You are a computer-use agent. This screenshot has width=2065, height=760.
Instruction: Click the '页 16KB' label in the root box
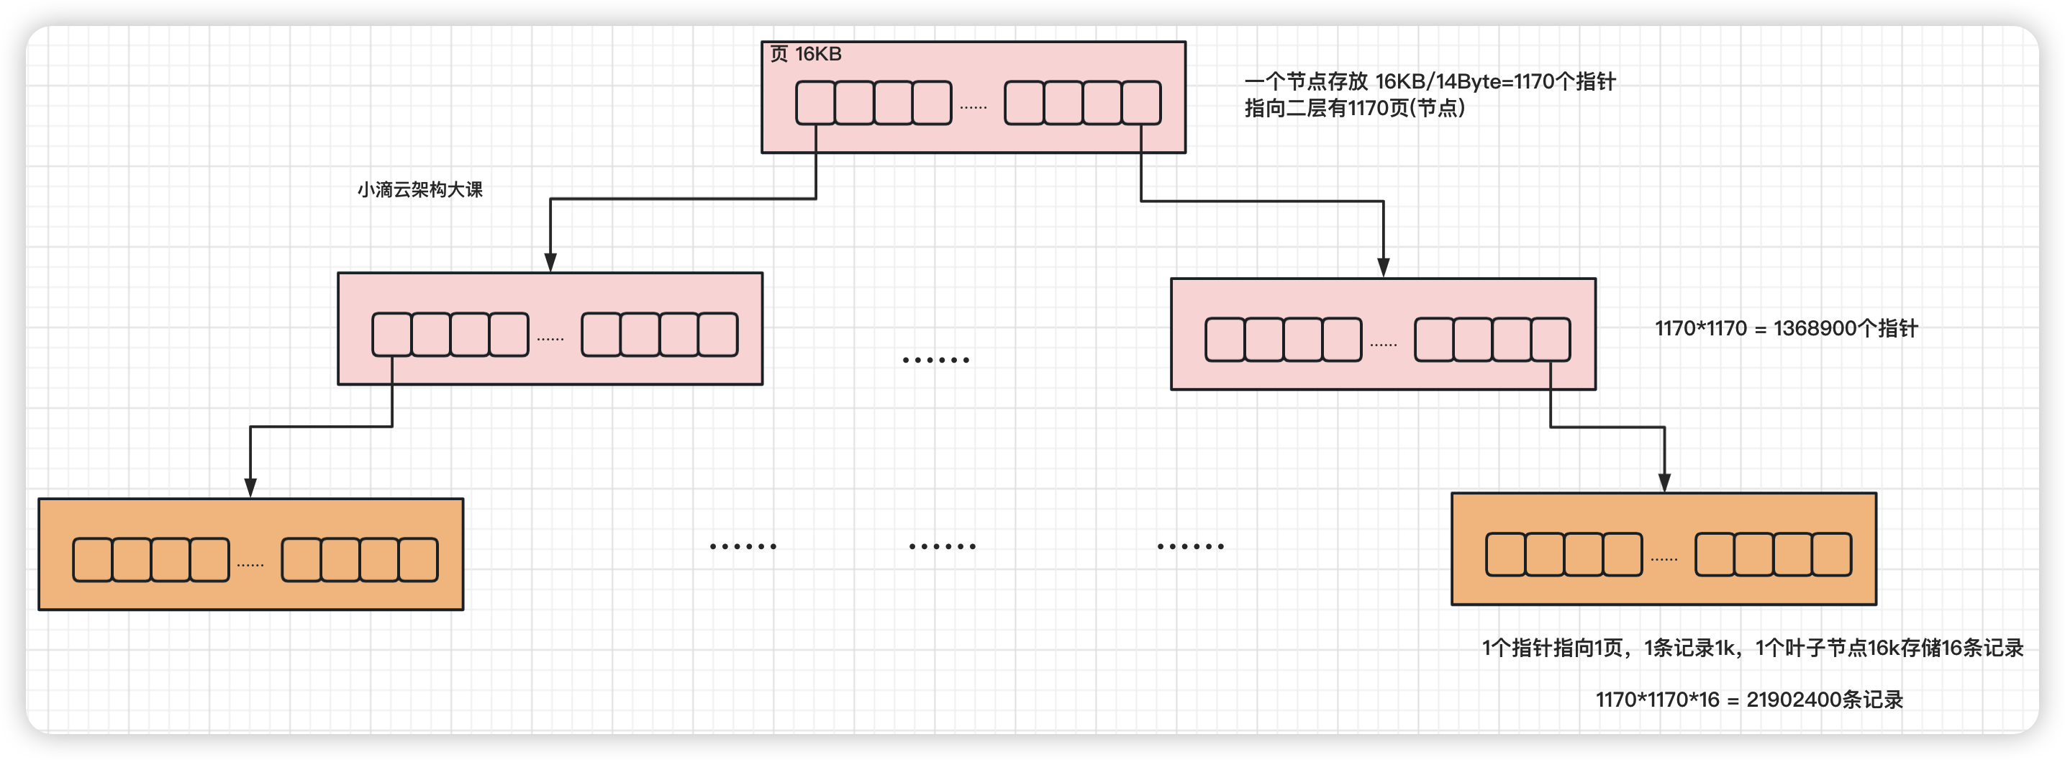[x=805, y=55]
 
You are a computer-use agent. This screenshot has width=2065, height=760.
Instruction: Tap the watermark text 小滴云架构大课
[x=419, y=190]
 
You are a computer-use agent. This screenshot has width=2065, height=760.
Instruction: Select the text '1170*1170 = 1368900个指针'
[x=1786, y=329]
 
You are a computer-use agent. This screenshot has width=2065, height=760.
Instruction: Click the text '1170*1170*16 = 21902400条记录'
[x=1748, y=700]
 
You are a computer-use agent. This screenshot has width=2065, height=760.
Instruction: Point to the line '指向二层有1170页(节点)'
[x=1354, y=108]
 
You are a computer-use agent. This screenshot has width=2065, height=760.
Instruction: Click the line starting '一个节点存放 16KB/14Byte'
[x=1429, y=82]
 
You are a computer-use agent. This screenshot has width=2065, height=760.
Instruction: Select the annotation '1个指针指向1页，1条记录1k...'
[x=1752, y=648]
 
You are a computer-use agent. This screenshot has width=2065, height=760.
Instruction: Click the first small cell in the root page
[x=815, y=103]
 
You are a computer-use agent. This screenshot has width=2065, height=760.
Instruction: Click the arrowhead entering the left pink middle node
[x=550, y=263]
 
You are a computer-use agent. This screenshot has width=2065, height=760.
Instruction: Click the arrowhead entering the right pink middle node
[x=1383, y=268]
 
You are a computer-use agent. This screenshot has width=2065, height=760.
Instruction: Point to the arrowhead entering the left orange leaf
[x=250, y=487]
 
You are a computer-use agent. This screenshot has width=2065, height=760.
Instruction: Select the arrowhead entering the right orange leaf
[x=1664, y=483]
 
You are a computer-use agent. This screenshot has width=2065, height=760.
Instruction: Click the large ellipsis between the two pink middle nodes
[x=935, y=360]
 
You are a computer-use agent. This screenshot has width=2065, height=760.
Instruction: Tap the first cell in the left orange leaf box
[x=92, y=560]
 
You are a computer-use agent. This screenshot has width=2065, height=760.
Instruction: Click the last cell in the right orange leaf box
[x=1832, y=555]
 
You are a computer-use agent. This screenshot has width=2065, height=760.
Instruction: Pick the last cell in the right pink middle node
[x=1551, y=340]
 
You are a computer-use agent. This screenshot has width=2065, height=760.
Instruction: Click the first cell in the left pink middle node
[x=392, y=335]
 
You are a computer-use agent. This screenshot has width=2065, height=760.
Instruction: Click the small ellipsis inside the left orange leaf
[x=250, y=564]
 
